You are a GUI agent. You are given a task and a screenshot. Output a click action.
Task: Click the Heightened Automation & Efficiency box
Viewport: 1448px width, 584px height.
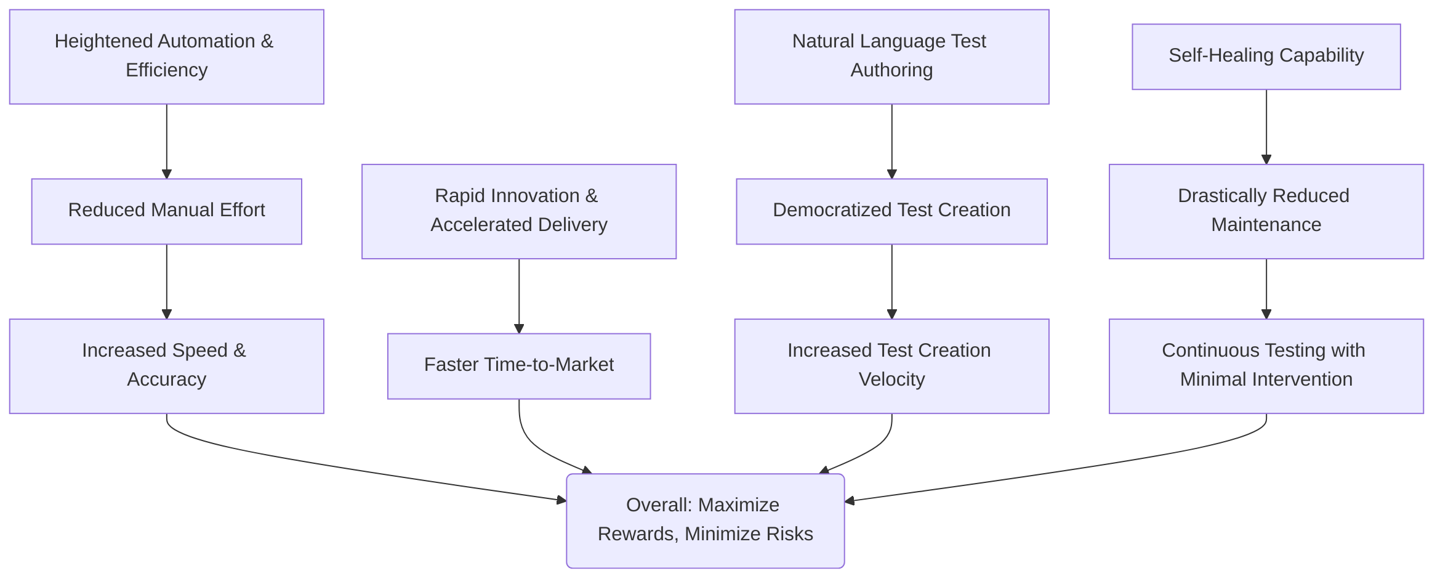tap(167, 57)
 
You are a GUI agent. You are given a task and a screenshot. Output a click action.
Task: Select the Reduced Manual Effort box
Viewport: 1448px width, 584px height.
tap(167, 211)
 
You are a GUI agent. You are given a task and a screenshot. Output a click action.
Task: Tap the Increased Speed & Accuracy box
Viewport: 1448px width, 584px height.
tap(167, 366)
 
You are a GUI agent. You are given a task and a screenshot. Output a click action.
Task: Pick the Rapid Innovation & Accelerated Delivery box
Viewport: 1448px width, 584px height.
tap(519, 211)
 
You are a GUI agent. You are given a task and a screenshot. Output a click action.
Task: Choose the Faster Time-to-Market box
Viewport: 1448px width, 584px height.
tap(519, 366)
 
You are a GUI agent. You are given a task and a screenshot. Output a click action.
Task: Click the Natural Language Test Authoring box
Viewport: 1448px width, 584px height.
tap(891, 57)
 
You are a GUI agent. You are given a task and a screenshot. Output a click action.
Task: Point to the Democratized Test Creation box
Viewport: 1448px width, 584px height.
tap(891, 211)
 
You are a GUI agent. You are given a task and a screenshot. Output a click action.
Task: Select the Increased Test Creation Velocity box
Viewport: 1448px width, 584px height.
tap(891, 366)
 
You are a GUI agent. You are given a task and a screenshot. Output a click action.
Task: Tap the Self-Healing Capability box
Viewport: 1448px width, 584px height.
tap(1266, 57)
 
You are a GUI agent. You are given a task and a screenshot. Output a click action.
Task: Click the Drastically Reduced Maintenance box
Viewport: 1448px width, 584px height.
tap(1266, 211)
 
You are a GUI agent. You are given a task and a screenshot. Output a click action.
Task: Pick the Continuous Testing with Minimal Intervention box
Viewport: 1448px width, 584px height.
tap(1266, 366)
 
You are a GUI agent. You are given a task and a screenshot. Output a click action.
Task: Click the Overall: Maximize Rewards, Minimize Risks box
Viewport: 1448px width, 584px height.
tap(706, 521)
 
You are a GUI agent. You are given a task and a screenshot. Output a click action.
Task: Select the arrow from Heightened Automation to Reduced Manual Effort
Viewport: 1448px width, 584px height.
tap(167, 141)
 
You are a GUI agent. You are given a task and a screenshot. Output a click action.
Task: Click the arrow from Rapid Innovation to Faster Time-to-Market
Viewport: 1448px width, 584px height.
tap(519, 296)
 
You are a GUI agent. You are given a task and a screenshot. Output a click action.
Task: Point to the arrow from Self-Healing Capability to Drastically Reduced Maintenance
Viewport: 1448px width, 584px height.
tap(1266, 127)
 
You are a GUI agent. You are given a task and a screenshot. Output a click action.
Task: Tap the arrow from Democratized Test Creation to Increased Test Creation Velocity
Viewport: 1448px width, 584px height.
tap(891, 282)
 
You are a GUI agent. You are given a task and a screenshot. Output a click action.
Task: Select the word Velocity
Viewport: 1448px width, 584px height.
tap(891, 379)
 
